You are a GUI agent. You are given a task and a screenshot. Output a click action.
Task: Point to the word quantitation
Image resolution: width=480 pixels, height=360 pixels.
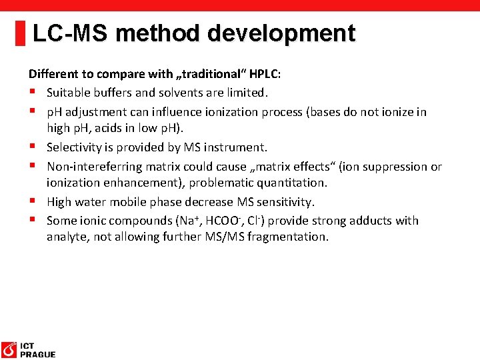coord(288,183)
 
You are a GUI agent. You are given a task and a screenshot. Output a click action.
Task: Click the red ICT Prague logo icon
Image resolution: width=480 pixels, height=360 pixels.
coord(9,349)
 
